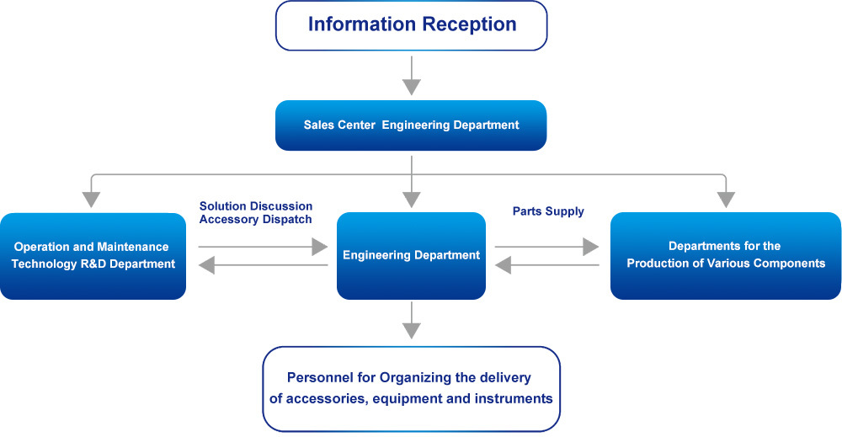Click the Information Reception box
412,26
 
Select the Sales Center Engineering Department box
411,125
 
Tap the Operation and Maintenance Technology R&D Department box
93,256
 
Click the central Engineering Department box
412,256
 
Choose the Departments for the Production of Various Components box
726,256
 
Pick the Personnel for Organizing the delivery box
412,389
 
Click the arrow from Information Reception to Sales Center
412,76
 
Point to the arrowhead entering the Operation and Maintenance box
91,200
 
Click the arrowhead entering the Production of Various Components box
726,200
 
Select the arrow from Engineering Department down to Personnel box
412,320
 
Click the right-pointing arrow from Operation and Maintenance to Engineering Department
263,247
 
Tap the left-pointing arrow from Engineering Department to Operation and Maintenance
263,265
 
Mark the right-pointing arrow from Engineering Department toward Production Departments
546,247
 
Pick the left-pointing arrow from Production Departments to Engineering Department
546,265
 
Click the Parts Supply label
548,211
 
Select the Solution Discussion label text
256,206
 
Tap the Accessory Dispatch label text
256,220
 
